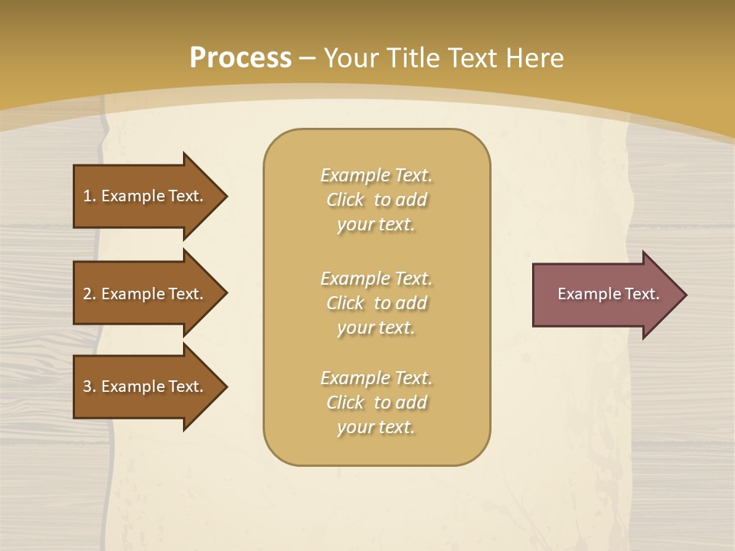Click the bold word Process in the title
point(240,58)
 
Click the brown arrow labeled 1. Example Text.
point(145,196)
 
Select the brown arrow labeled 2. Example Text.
point(145,294)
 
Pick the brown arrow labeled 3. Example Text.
point(145,386)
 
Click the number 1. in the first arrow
point(90,196)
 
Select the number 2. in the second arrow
point(90,294)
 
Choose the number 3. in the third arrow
point(90,386)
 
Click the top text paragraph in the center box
point(376,200)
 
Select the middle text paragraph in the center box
point(376,303)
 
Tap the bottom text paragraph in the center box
point(376,403)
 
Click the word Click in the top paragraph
point(345,200)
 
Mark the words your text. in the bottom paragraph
point(376,427)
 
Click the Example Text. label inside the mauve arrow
point(608,294)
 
